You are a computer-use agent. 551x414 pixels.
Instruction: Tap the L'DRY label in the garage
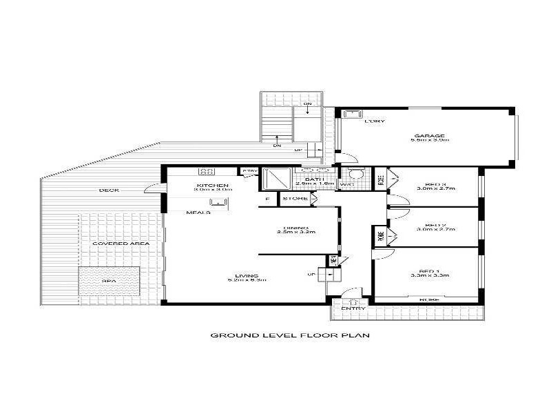tap(375, 121)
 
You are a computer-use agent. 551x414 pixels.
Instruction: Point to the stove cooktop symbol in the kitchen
tap(205, 171)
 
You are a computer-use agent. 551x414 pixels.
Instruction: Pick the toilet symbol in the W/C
tap(354, 173)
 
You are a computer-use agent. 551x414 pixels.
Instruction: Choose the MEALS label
tap(198, 213)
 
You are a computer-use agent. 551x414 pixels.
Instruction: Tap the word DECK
tap(109, 190)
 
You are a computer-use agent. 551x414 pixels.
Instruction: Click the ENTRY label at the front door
tap(353, 308)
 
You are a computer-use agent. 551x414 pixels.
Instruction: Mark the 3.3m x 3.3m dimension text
tap(434, 276)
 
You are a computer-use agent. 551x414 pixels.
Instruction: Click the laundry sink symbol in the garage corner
tap(350, 114)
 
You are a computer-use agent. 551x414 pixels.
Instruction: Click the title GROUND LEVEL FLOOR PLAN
tap(290, 336)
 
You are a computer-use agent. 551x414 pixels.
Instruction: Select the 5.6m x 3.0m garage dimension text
tap(430, 141)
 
